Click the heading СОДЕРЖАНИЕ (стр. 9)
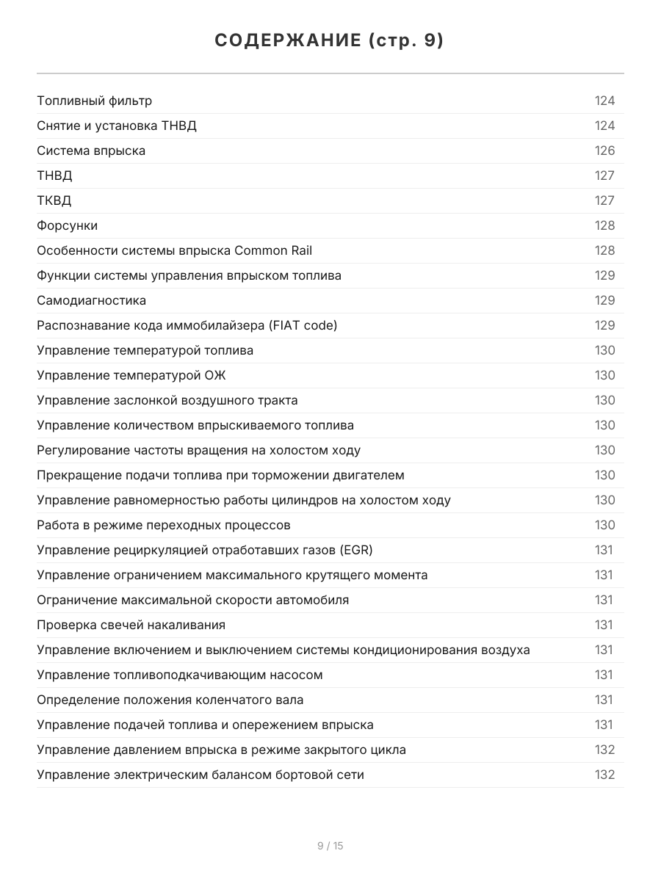[x=330, y=41]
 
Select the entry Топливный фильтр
[x=95, y=101]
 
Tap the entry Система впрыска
[x=91, y=151]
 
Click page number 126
[x=604, y=151]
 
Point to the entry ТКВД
[x=54, y=200]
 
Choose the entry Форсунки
[x=67, y=225]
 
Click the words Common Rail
[x=273, y=250]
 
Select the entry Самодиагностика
[x=91, y=300]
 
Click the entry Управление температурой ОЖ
[x=131, y=375]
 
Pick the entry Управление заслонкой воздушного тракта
[x=167, y=400]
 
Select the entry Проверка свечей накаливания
[x=131, y=625]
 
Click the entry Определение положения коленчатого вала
[x=170, y=700]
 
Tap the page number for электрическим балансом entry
[x=604, y=775]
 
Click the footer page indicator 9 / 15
[x=330, y=846]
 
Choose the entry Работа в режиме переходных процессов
[x=164, y=525]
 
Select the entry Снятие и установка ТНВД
[x=117, y=126]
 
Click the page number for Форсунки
[x=604, y=225]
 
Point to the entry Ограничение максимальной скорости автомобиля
[x=192, y=600]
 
